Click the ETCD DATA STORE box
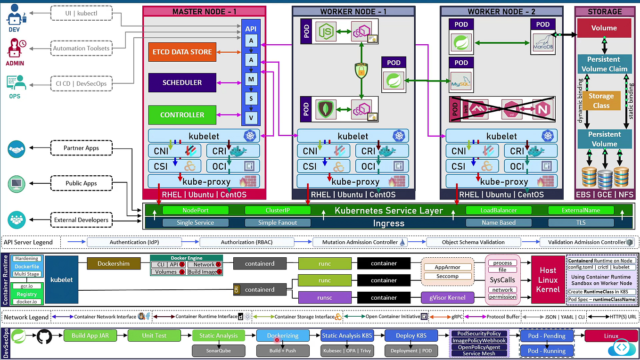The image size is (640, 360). click(182, 52)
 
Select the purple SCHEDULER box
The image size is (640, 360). click(182, 82)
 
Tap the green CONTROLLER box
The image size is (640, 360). click(182, 115)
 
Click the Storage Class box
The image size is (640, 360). click(601, 101)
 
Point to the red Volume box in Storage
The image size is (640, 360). click(604, 28)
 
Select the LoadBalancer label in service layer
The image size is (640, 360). click(499, 210)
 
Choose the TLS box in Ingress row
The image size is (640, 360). click(581, 222)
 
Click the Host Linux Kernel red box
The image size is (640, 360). click(548, 279)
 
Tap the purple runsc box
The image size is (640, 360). click(324, 297)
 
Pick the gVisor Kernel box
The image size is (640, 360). click(447, 297)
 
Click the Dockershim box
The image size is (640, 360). click(114, 263)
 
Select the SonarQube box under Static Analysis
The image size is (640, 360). click(218, 351)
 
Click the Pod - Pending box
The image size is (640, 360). click(547, 336)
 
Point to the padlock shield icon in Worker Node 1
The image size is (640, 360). click(361, 70)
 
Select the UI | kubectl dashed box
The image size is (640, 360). click(81, 13)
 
